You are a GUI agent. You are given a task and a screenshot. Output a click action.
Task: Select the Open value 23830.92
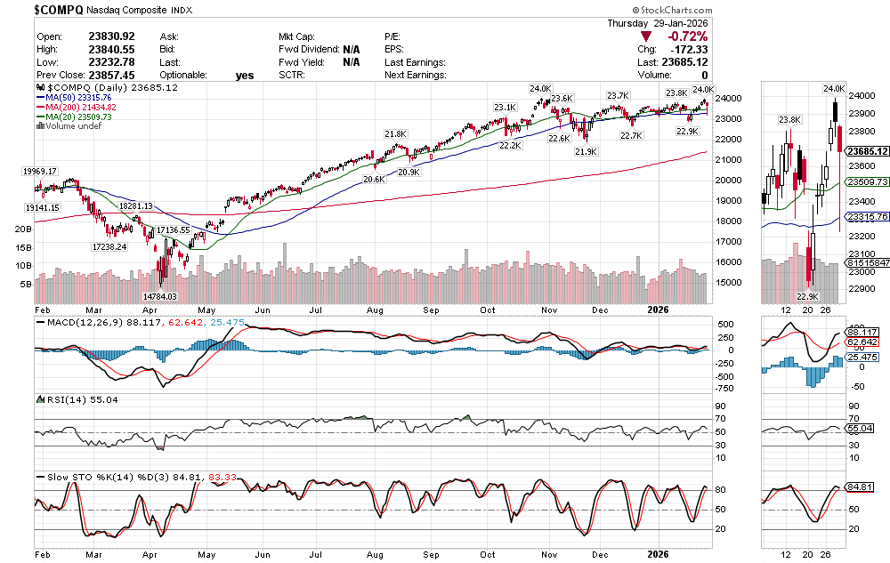coord(111,36)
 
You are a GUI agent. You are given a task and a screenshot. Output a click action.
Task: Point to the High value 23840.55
coord(111,49)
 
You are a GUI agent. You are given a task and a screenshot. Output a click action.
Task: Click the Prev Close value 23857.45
coord(111,76)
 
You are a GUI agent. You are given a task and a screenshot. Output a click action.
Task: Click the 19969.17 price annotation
coord(39,171)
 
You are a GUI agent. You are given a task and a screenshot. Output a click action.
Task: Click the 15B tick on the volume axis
coord(24,247)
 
